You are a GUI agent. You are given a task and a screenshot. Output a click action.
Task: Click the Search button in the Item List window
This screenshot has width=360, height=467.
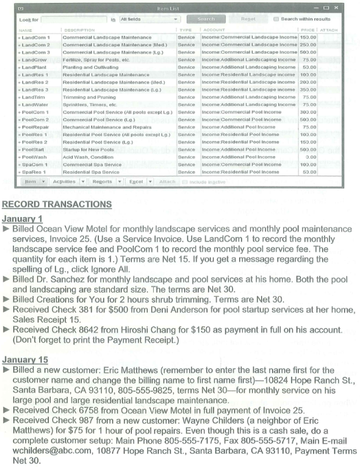point(206,19)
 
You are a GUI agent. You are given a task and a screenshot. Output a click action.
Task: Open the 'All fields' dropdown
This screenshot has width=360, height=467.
point(148,19)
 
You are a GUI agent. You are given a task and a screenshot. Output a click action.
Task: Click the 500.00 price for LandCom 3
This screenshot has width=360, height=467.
point(308,52)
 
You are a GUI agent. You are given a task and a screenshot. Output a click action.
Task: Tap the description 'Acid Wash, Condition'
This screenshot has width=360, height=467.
point(89,157)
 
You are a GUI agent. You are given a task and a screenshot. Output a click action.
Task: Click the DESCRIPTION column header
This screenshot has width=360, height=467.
point(79,30)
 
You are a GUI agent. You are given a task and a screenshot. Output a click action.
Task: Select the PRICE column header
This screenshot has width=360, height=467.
point(308,30)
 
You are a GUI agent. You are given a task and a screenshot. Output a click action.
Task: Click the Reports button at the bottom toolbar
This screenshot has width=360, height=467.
point(103,182)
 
